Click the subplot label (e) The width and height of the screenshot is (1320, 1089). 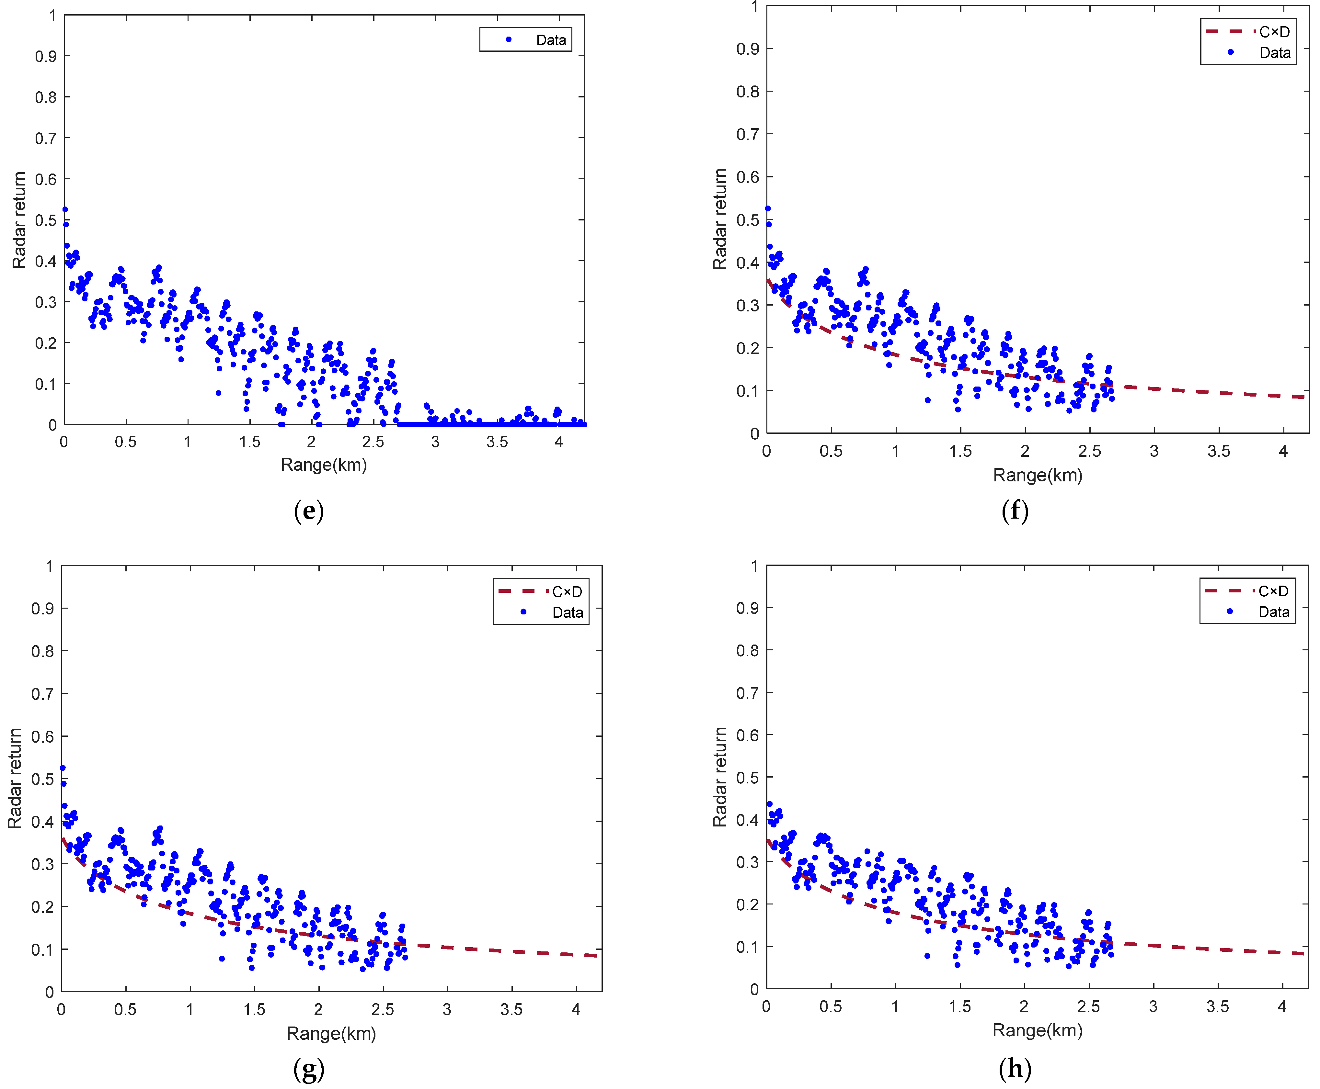[x=309, y=511]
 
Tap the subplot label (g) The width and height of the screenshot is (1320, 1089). [x=309, y=1070]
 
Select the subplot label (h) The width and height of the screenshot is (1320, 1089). [x=1015, y=1068]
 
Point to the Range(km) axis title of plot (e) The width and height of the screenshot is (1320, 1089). [x=324, y=465]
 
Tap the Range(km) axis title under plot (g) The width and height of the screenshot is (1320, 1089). [x=331, y=1033]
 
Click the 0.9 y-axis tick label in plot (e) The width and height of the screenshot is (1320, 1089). [x=45, y=56]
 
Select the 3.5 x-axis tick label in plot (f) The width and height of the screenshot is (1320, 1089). [x=1218, y=451]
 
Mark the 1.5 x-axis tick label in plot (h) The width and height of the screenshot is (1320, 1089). [x=960, y=1007]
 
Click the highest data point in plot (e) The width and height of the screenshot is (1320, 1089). [x=65, y=209]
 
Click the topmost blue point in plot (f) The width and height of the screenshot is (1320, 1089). [x=768, y=209]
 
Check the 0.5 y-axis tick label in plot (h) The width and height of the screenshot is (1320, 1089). [x=747, y=777]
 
